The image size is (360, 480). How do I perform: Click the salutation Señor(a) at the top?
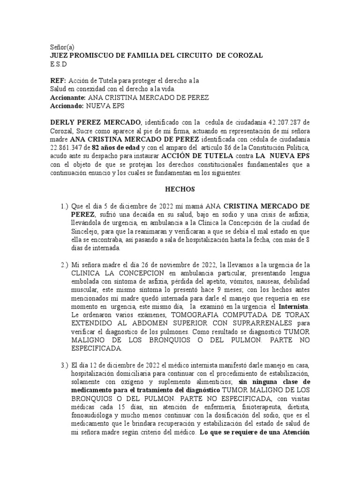pyautogui.click(x=62, y=47)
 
